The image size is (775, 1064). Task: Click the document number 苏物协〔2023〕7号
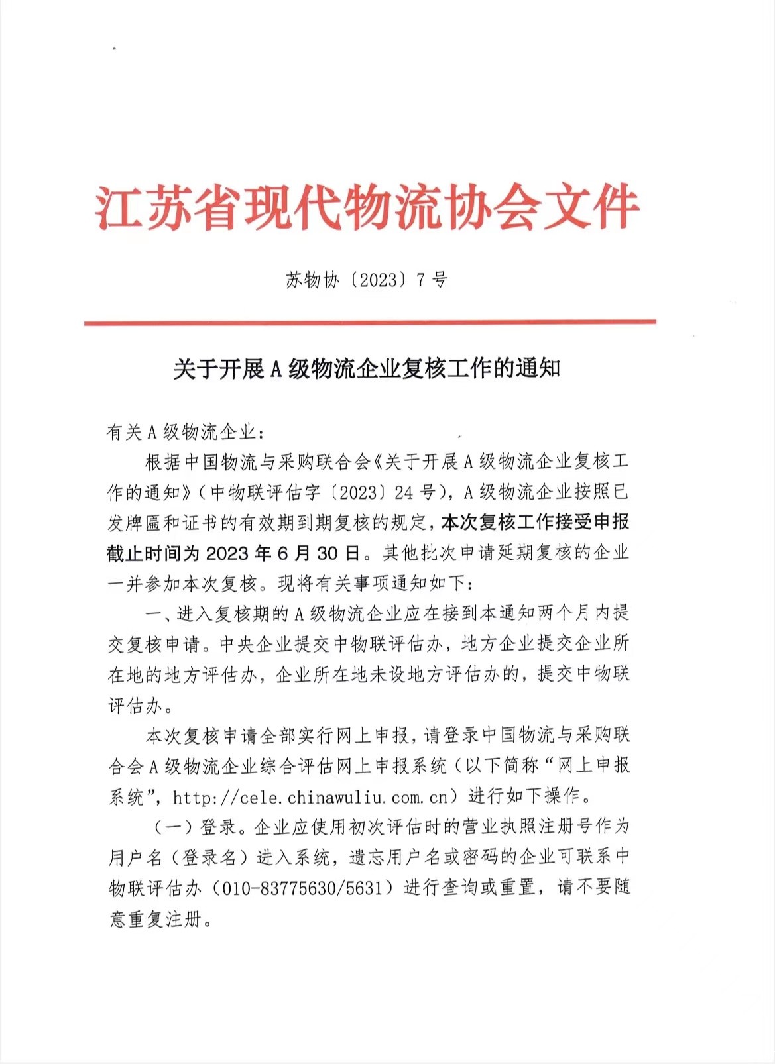point(367,280)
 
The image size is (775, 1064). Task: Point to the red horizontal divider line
point(370,323)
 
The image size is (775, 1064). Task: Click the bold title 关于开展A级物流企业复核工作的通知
point(367,368)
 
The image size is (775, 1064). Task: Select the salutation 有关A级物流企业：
point(185,432)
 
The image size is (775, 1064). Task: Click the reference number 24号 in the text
point(415,492)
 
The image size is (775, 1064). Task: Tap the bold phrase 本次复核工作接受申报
point(535,523)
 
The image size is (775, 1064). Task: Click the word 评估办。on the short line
point(141,706)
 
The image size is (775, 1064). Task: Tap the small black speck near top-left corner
point(114,48)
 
